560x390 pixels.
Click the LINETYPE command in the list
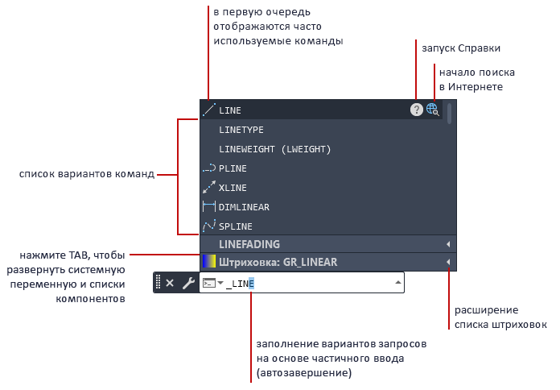(x=241, y=130)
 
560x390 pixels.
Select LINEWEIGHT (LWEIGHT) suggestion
(x=274, y=149)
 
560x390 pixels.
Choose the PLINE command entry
(x=233, y=168)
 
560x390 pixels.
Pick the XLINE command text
(x=233, y=188)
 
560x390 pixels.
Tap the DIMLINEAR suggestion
(x=244, y=207)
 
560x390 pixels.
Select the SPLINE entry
(x=236, y=226)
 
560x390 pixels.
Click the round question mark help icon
(x=417, y=110)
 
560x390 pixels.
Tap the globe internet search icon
(x=433, y=110)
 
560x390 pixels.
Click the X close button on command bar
(x=170, y=283)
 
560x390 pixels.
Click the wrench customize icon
(x=187, y=283)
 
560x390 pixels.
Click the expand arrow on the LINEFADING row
(x=448, y=244)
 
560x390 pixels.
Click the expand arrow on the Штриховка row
(x=448, y=262)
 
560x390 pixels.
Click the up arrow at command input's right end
(x=397, y=283)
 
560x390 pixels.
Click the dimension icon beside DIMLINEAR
(x=208, y=207)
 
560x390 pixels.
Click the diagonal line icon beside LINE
(x=208, y=110)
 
